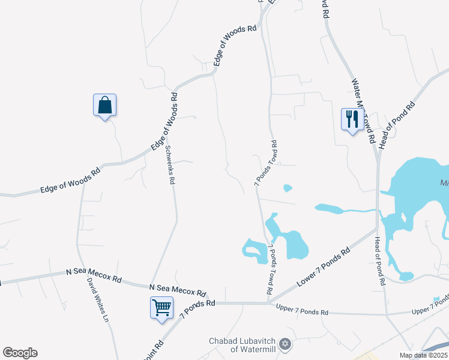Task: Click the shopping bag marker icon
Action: (105, 105)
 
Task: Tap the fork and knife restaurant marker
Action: (351, 118)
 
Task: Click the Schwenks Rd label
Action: (170, 165)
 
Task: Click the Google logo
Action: (20, 353)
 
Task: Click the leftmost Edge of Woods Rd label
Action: (70, 181)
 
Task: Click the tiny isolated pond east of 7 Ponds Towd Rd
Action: (288, 188)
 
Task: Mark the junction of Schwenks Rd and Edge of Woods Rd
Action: (163, 142)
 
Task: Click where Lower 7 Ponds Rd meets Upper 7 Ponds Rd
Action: (268, 303)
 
